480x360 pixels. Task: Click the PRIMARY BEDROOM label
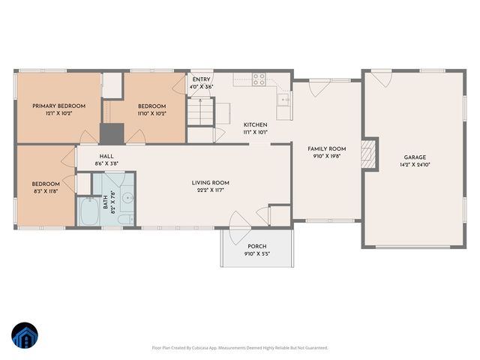pos(58,106)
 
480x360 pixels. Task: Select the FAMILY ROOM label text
pos(326,149)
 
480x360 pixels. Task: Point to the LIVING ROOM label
pos(210,182)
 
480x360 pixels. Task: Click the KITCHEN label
pos(255,124)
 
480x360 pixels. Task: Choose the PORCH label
pos(256,247)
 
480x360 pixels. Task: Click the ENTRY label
pos(201,79)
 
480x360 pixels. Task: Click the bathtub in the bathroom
pos(88,212)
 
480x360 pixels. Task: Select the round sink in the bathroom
pos(127,199)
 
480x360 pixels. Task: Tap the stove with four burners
pos(259,77)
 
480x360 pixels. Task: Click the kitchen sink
pos(284,100)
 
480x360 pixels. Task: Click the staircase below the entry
pos(199,114)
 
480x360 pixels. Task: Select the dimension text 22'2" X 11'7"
pos(210,191)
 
